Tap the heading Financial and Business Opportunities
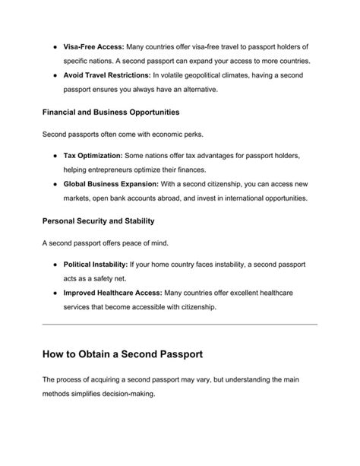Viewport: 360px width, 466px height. click(110, 112)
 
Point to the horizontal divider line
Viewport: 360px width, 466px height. click(179, 325)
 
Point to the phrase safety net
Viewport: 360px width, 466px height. click(112, 278)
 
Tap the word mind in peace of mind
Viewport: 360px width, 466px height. click(153, 243)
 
